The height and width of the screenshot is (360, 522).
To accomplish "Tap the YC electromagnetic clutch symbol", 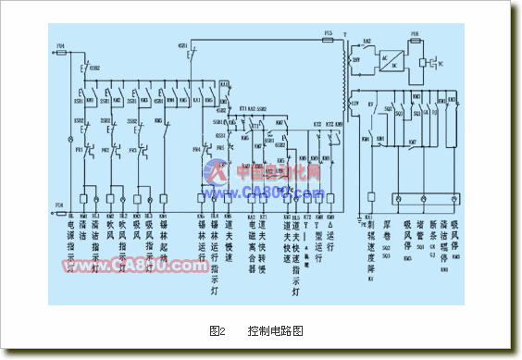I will (x=440, y=62).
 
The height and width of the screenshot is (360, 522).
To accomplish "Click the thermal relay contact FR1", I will (x=81, y=148).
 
